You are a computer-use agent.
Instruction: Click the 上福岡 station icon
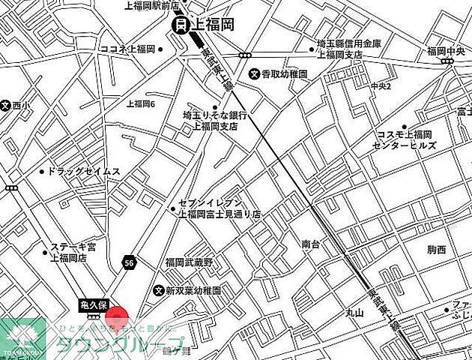[x=181, y=25]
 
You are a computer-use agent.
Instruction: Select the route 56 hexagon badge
[x=130, y=262]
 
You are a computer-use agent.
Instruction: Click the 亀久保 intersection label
[x=95, y=305]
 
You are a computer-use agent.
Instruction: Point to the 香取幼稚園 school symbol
[x=255, y=74]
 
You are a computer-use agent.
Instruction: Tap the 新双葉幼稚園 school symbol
[x=158, y=290]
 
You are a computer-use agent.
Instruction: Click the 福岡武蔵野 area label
[x=190, y=262]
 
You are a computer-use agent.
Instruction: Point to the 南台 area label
[x=311, y=244]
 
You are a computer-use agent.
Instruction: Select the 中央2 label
[x=381, y=86]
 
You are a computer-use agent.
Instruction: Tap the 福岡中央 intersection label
[x=447, y=51]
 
